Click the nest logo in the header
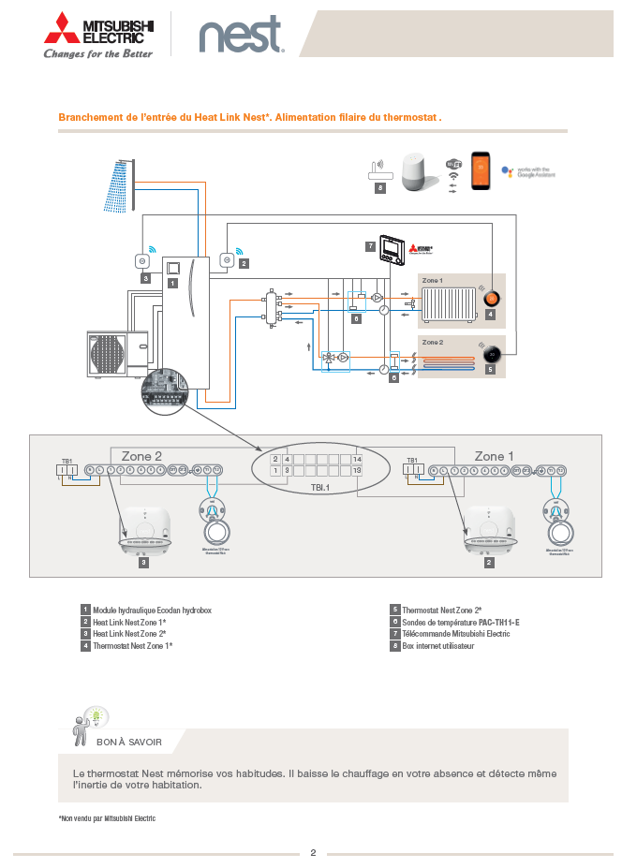pos(240,37)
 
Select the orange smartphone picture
pos(481,171)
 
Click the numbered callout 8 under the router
pos(379,188)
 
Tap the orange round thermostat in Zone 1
pos(492,299)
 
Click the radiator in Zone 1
pos(447,304)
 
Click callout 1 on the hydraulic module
pos(172,281)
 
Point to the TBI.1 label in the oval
pos(321,487)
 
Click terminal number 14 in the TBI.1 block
pos(357,459)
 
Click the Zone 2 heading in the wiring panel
pos(142,456)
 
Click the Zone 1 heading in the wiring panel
pos(494,456)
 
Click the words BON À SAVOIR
pos(129,742)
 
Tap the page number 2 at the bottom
pos(313,852)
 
